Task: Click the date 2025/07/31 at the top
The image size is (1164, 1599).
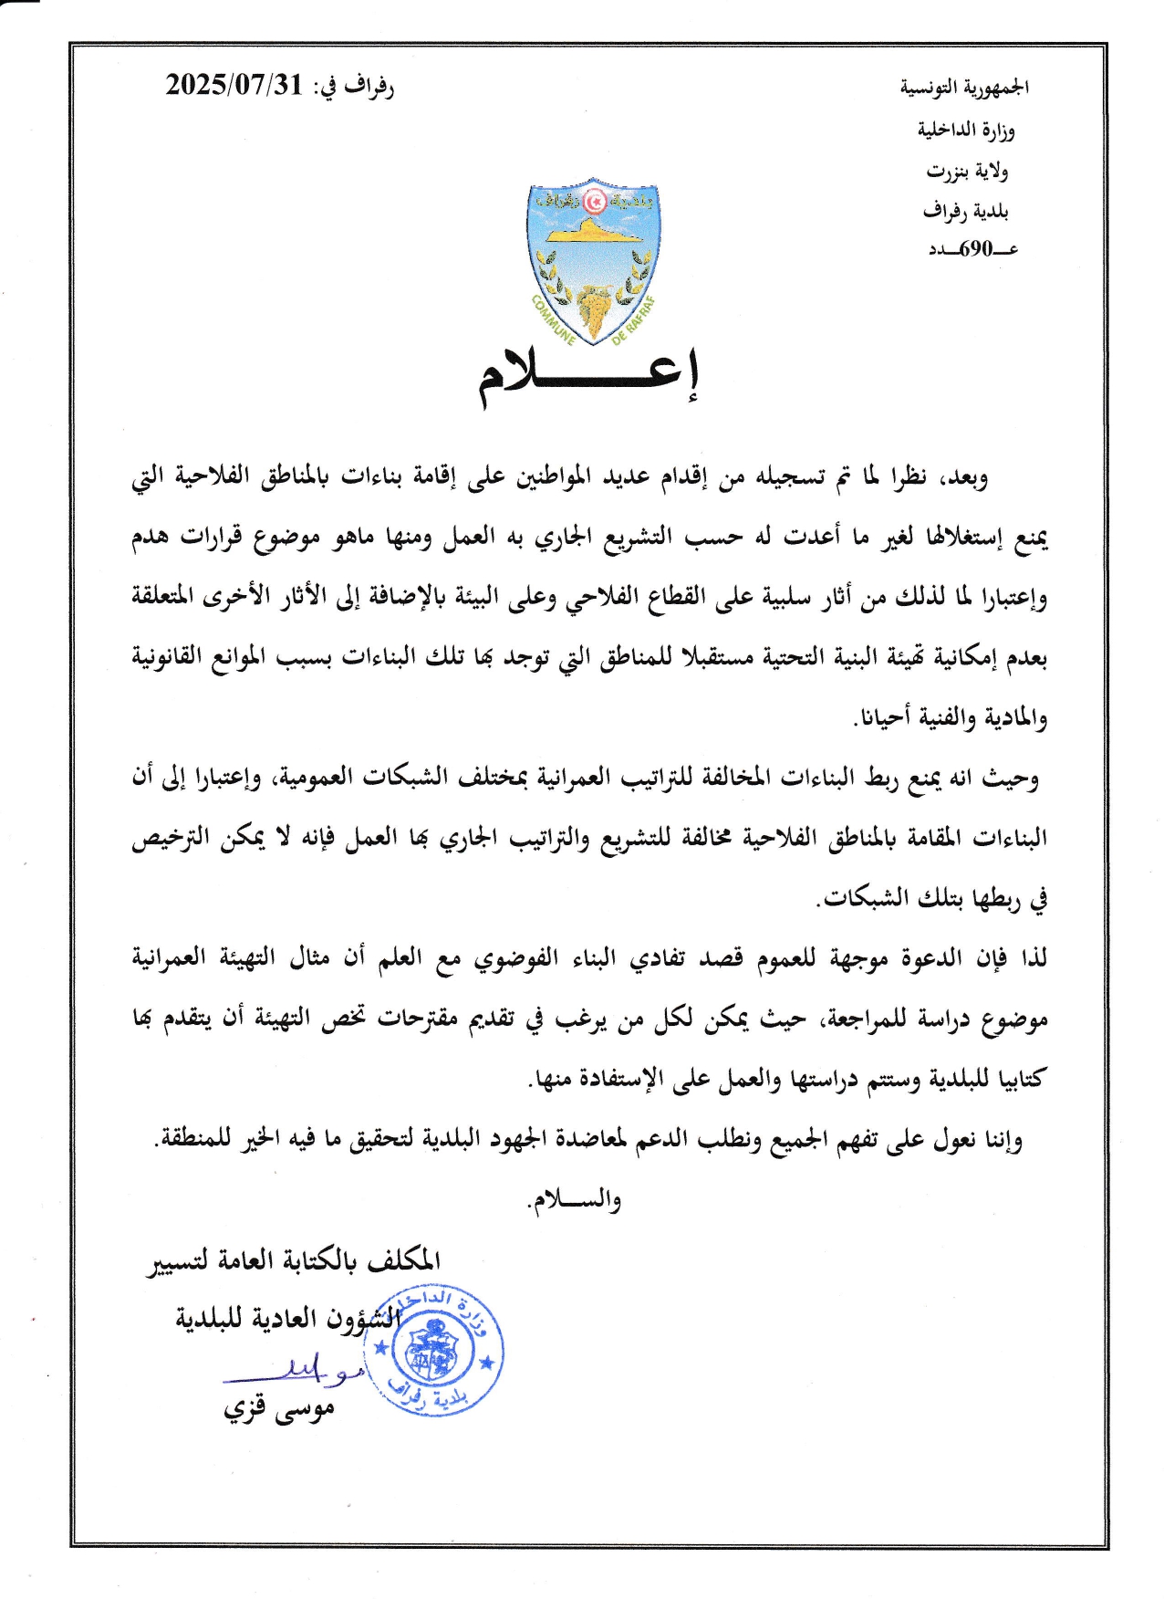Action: [234, 86]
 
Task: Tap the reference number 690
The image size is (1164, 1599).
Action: [975, 248]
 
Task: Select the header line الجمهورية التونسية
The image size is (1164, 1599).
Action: [964, 88]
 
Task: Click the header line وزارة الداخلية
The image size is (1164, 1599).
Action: [966, 130]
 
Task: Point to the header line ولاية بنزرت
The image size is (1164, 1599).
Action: [967, 171]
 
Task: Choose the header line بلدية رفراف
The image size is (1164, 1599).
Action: [965, 212]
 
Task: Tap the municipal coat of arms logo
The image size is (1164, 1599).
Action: [594, 261]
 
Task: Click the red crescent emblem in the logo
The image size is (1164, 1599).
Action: [595, 198]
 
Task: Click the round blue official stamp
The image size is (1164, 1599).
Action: [442, 1350]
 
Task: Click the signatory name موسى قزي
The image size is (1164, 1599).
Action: [280, 1409]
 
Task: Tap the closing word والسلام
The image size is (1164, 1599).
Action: [575, 1199]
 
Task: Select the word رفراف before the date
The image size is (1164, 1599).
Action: [369, 87]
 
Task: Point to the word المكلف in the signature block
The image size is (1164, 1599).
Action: [403, 1260]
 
